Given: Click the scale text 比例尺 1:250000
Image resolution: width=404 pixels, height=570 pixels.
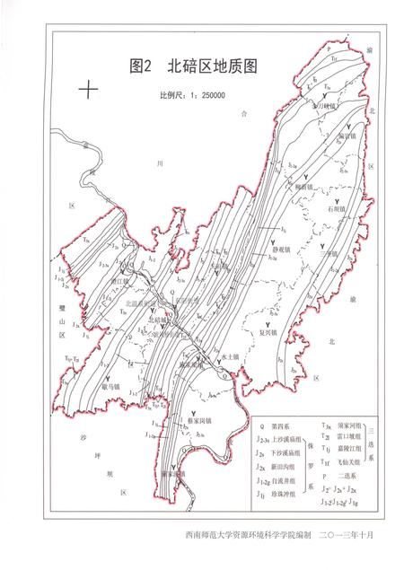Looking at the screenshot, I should (191, 92).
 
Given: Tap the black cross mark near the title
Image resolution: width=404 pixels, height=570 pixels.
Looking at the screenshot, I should (88, 90).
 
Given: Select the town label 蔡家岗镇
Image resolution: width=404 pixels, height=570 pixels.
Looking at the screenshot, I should (199, 419).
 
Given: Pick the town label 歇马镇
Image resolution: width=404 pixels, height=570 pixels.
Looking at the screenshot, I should (111, 385).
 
